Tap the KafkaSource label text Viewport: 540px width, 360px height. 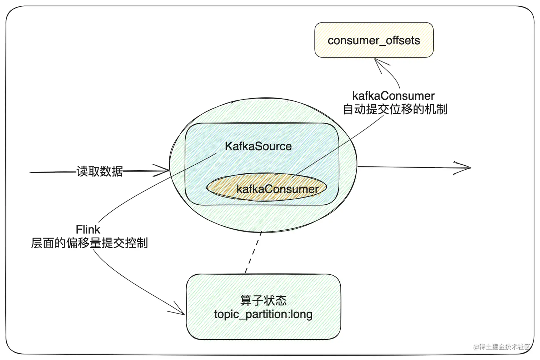click(258, 146)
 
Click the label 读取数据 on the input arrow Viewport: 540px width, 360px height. click(100, 171)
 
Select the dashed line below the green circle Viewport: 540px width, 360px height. click(253, 252)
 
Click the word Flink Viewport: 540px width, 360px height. click(88, 229)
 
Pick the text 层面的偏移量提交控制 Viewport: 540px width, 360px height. click(89, 243)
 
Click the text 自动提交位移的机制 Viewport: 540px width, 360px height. click(395, 109)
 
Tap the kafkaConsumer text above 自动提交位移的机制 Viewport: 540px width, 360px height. click(393, 96)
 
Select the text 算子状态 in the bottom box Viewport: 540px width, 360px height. click(263, 300)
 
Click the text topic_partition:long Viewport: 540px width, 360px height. click(263, 314)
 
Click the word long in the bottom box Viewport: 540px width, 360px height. click(301, 314)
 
